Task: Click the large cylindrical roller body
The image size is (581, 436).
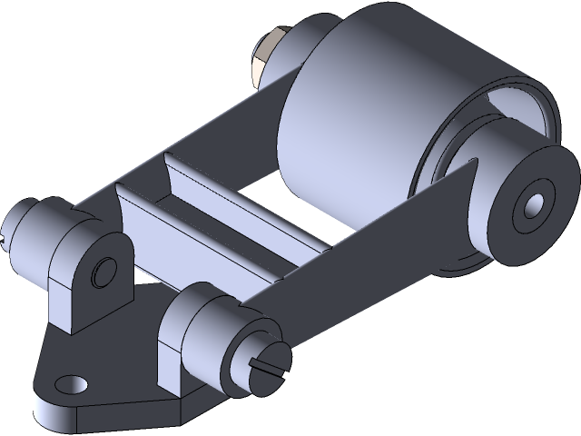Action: (x=363, y=127)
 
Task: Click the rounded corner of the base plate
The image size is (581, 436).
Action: (x=41, y=400)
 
